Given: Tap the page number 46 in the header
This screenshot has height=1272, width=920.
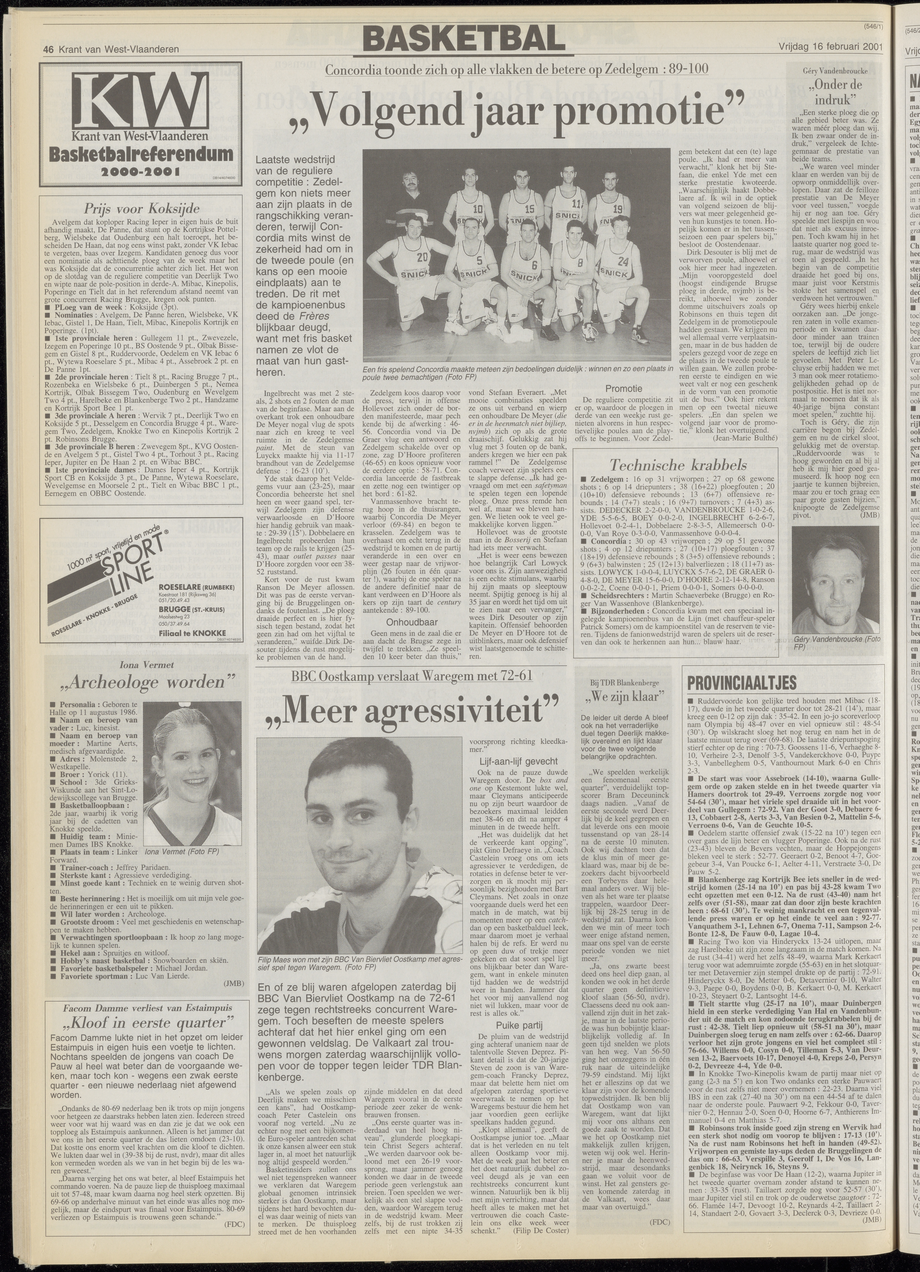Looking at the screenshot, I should point(48,49).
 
